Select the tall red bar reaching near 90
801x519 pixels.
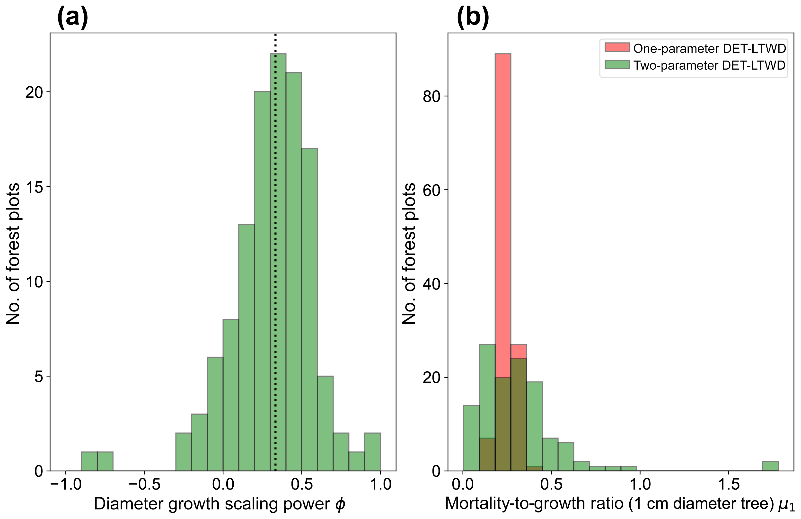point(503,202)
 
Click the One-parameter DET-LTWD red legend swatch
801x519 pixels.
point(617,47)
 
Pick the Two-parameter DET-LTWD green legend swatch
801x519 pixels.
point(617,64)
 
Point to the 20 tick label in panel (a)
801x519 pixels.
point(34,92)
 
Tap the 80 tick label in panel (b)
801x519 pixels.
point(431,97)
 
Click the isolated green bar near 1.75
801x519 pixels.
point(770,466)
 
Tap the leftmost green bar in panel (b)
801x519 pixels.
point(471,438)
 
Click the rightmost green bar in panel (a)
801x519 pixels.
point(372,452)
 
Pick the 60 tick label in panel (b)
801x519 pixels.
point(431,190)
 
